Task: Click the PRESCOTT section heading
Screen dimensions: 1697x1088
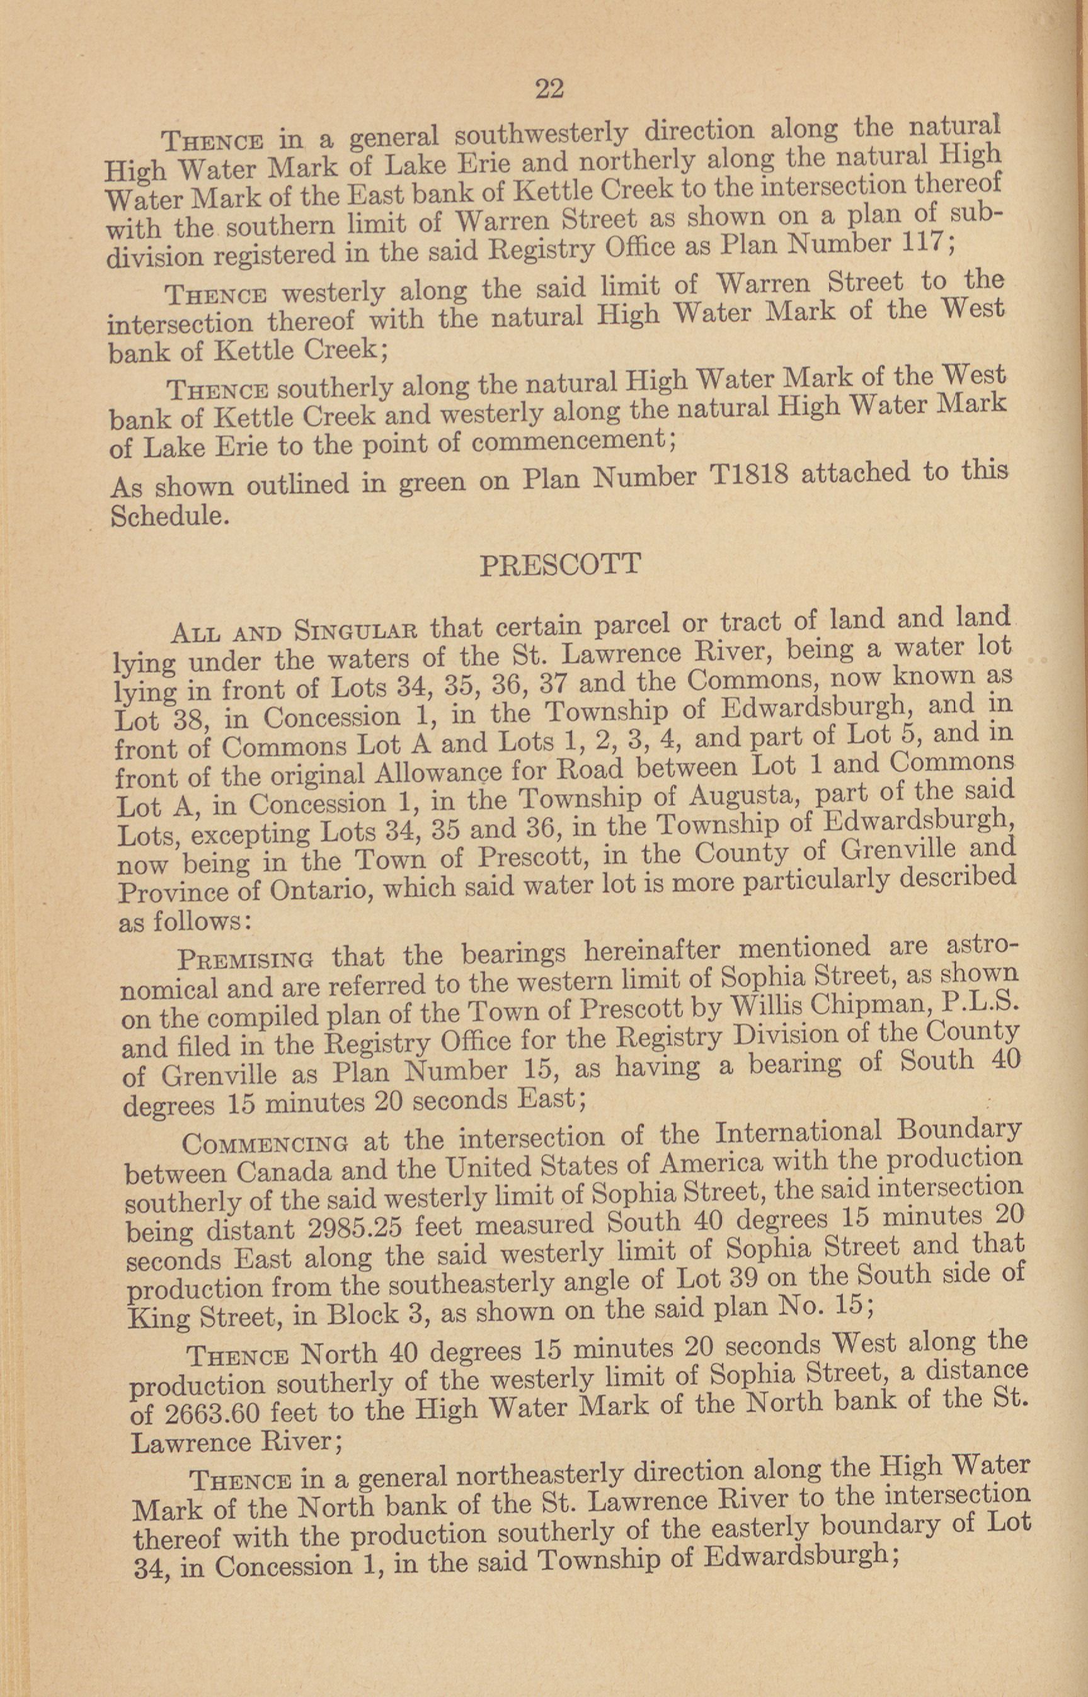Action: click(560, 565)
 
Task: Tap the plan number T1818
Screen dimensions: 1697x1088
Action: click(747, 478)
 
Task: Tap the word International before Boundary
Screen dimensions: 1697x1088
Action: click(798, 1133)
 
